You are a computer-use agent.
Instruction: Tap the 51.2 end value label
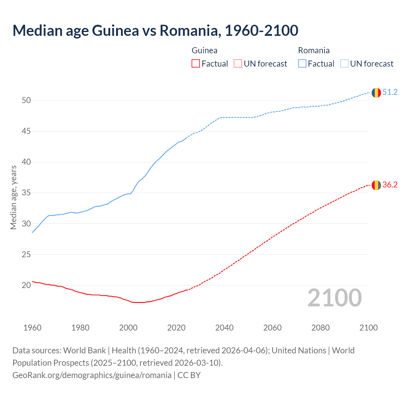390,92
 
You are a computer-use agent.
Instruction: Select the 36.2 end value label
390,185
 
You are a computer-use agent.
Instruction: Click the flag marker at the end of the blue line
376,93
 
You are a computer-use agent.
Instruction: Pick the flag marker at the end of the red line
376,185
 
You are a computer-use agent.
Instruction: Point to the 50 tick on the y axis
26,101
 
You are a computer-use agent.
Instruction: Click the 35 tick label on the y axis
26,193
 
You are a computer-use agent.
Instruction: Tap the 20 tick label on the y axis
26,285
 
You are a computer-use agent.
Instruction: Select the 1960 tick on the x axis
32,328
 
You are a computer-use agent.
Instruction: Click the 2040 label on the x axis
224,328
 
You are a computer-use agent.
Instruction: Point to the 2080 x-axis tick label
320,328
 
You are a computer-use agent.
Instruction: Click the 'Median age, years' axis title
13,197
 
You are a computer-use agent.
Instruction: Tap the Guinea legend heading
205,50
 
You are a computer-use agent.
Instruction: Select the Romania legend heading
314,50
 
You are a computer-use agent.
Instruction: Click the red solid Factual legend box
196,64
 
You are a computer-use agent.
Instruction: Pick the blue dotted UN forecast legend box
344,64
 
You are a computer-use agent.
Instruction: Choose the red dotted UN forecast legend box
238,64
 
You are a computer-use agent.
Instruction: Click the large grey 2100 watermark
334,298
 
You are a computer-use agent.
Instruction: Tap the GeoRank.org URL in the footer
92,375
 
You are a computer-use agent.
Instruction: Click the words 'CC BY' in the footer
189,375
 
